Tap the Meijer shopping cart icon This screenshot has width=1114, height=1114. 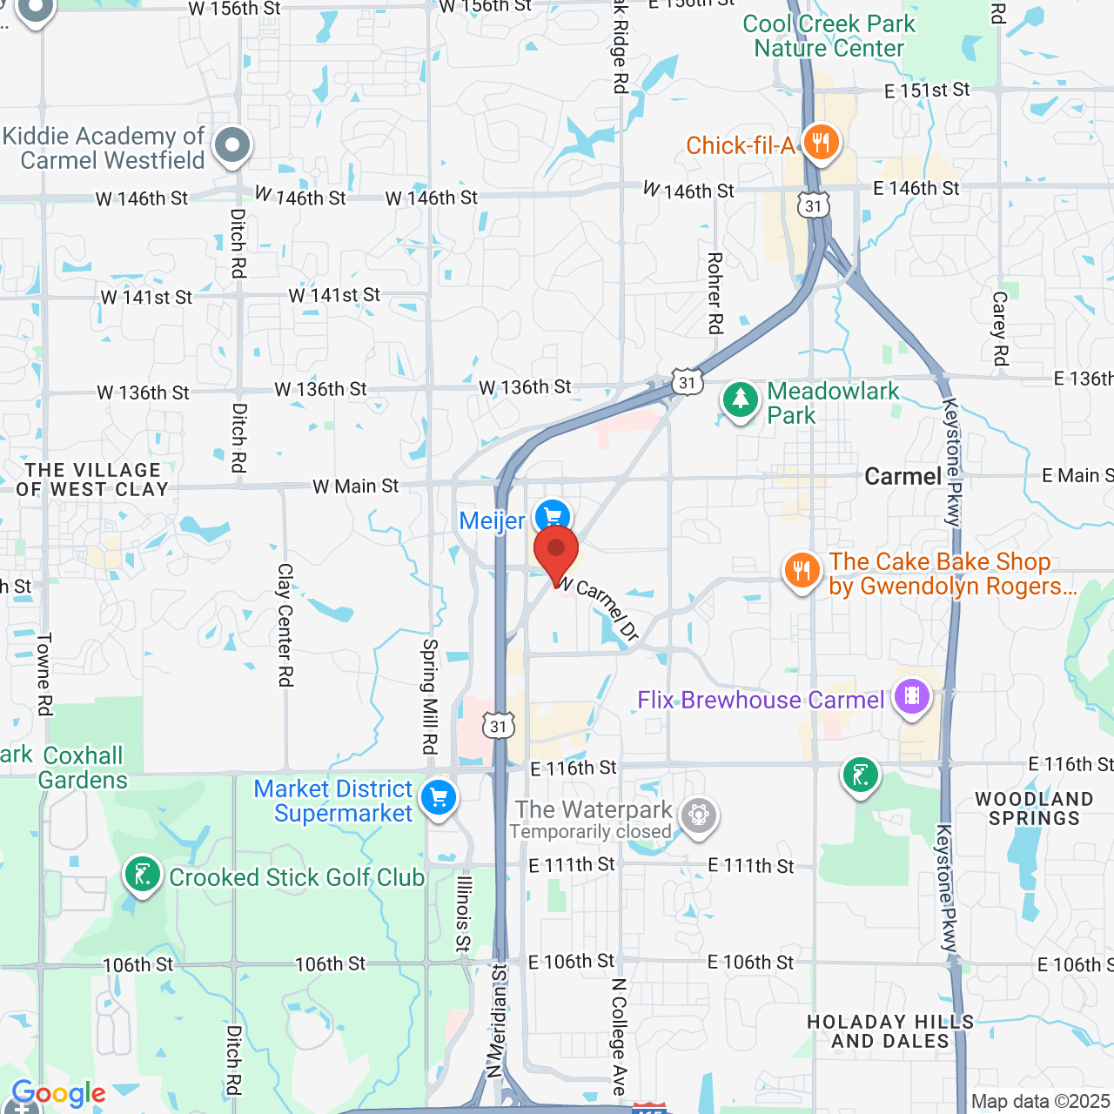[x=553, y=516]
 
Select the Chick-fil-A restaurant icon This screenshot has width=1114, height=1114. [x=820, y=142]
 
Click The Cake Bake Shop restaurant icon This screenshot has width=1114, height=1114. [x=802, y=571]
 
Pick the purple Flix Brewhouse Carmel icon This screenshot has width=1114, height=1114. [x=912, y=697]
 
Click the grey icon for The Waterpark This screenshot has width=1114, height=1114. [x=699, y=815]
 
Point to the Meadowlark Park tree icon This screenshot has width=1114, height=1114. [x=741, y=400]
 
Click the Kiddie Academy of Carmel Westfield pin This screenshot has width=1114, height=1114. [x=232, y=145]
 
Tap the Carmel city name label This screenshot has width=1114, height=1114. [x=903, y=477]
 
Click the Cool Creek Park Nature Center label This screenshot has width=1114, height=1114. [x=829, y=37]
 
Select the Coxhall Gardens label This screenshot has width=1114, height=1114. [x=83, y=768]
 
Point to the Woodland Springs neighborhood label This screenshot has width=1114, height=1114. [x=1034, y=809]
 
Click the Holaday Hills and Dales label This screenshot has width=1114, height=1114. [x=890, y=1031]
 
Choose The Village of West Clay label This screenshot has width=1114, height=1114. [x=92, y=480]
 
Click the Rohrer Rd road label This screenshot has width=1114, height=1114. [x=715, y=293]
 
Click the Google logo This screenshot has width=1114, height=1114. [x=58, y=1094]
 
